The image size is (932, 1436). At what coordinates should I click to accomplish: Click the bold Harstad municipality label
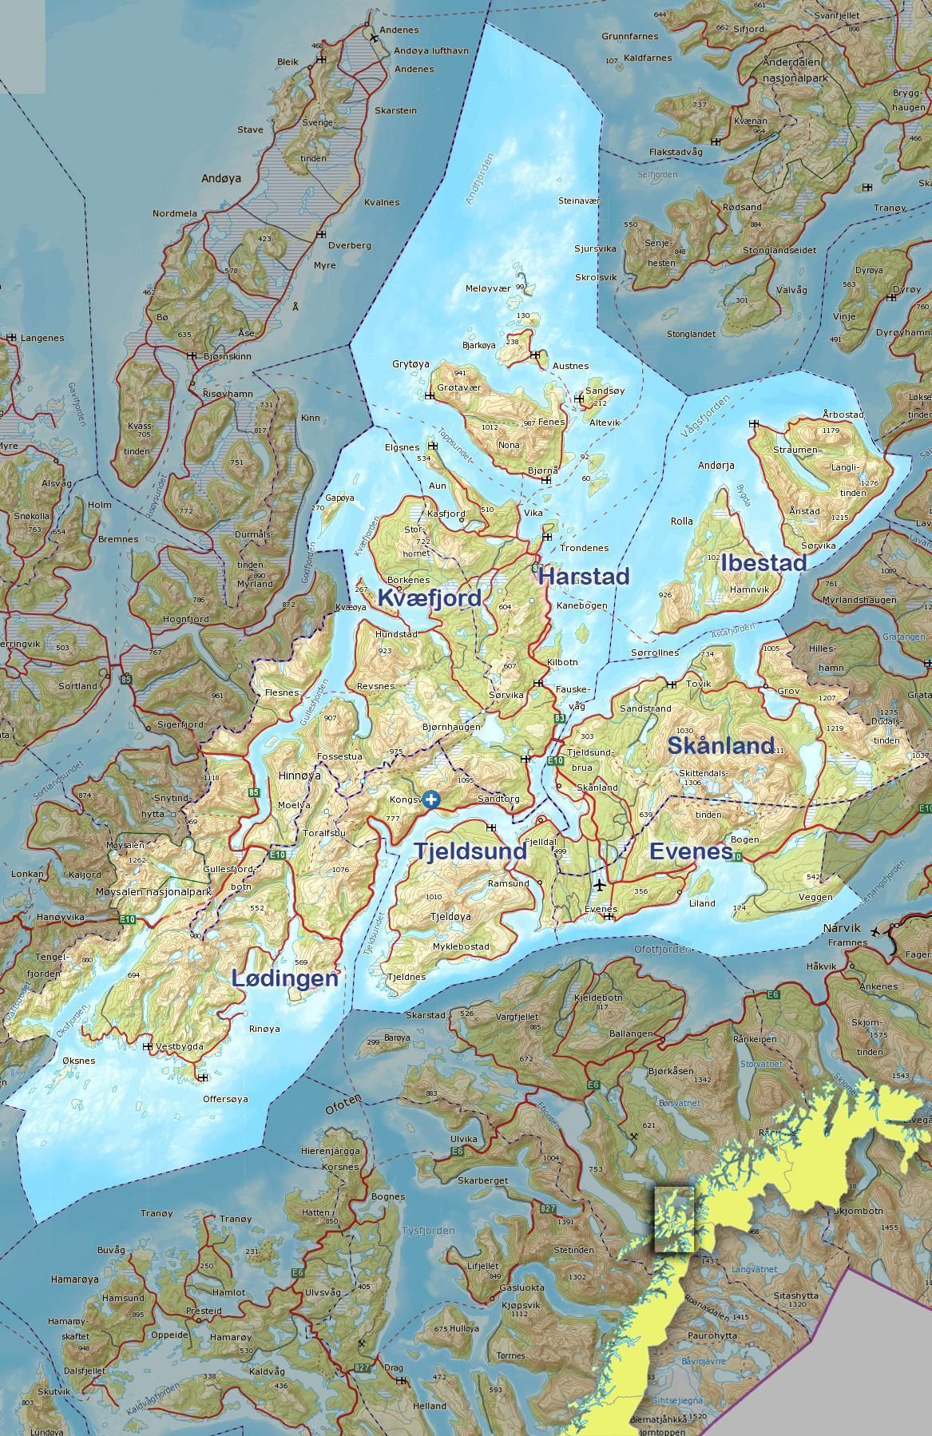584,576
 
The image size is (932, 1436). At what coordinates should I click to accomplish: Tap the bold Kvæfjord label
430,597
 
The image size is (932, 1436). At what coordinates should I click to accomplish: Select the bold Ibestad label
763,562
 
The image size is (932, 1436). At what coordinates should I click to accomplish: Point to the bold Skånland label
721,746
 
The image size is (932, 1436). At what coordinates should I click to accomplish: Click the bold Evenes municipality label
690,851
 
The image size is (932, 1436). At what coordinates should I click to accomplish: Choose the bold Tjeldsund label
470,851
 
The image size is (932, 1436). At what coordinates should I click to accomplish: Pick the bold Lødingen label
285,978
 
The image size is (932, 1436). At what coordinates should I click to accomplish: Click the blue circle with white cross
431,799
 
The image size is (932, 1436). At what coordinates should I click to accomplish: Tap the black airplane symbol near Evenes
600,885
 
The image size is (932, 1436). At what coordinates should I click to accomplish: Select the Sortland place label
77,686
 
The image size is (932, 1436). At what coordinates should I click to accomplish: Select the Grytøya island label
410,364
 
